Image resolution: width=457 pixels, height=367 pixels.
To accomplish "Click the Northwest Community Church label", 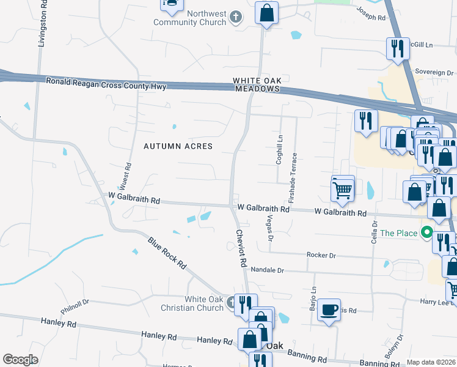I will coord(191,18).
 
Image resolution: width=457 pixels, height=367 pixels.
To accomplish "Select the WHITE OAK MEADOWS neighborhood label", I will coord(256,84).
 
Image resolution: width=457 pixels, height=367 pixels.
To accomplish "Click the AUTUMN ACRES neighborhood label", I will coord(178,146).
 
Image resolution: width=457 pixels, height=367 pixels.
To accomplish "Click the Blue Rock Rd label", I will coord(167,253).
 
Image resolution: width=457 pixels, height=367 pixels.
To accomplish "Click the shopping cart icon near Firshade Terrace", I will coord(343,188).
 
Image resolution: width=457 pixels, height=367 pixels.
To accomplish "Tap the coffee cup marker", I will coord(329,310).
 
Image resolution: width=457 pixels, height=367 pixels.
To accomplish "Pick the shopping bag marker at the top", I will coord(266,13).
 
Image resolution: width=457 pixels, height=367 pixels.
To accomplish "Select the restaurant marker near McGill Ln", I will coord(398,48).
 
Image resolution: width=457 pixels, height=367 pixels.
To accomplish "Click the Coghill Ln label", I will coord(280,148).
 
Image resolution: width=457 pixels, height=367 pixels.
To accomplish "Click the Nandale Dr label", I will coord(268,270).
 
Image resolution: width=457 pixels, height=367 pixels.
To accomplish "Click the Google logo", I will coord(21,360).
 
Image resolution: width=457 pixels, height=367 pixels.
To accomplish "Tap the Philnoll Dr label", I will coord(75,302).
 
